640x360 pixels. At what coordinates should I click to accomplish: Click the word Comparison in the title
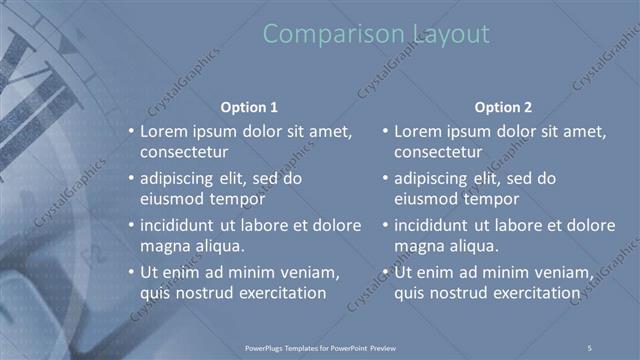pos(335,34)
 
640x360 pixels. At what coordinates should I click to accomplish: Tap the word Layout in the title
pos(451,34)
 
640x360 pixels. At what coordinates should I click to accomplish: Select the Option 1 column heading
pos(248,106)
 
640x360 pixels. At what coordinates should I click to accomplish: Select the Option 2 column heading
pos(504,106)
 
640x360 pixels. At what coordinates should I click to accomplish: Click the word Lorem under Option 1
pos(163,131)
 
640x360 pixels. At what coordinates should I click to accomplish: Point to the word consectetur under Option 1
pos(185,152)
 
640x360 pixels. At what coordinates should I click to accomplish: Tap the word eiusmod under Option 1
pos(171,198)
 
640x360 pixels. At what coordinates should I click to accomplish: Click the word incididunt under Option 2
pos(437,225)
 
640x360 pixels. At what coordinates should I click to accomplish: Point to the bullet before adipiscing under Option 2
pos(386,179)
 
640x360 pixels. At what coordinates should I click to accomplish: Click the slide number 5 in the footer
pos(590,346)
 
